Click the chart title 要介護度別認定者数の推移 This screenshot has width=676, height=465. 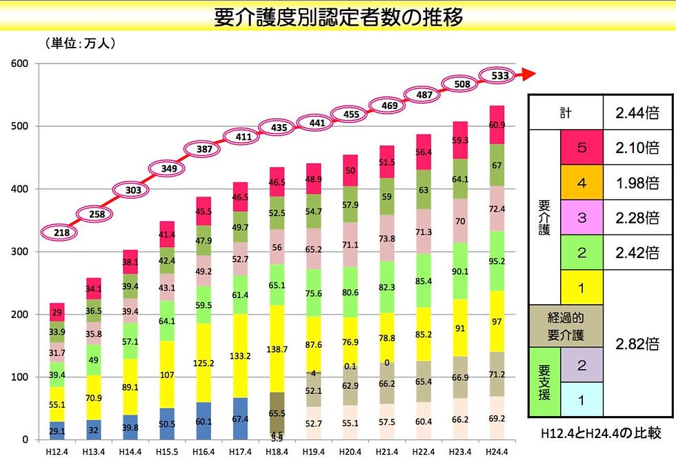pos(339,17)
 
